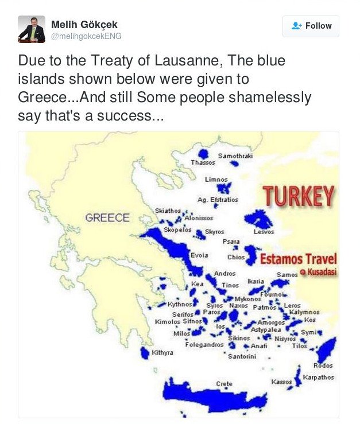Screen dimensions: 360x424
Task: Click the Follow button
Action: click(311, 26)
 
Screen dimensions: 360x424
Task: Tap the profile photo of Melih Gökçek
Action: click(32, 29)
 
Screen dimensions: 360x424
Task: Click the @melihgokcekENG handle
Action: click(86, 36)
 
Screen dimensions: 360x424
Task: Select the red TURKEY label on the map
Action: click(299, 197)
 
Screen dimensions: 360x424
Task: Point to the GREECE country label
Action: click(107, 218)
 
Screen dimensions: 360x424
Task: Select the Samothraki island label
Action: click(235, 156)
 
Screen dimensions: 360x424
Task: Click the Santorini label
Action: click(242, 357)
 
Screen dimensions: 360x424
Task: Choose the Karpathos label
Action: click(318, 378)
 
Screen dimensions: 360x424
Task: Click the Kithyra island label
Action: click(162, 352)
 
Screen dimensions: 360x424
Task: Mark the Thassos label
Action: click(203, 162)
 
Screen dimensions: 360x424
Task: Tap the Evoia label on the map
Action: click(199, 255)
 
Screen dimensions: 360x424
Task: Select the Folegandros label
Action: click(204, 345)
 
